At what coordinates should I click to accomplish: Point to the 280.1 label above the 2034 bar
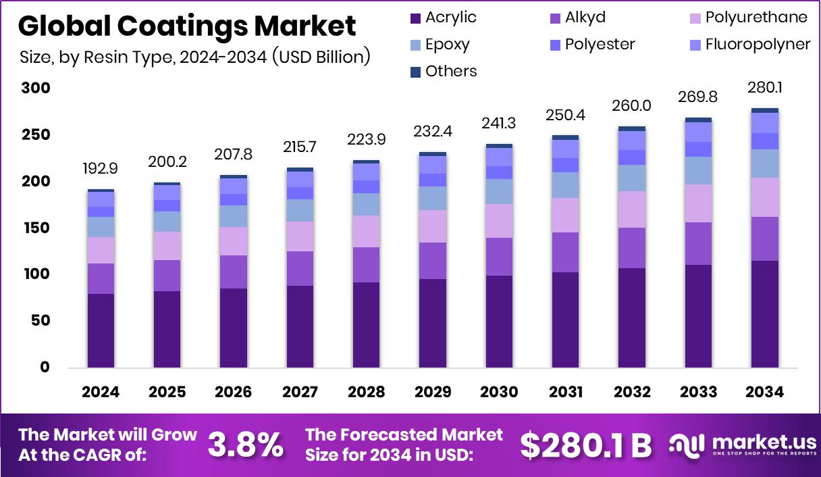tap(764, 88)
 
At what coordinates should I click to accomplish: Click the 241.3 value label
tap(499, 124)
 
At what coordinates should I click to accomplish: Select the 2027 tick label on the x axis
tap(300, 392)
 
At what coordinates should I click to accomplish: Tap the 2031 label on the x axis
tap(565, 392)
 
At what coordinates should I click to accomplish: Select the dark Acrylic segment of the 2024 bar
tap(101, 331)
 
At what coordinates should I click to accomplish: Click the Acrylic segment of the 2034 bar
tap(764, 314)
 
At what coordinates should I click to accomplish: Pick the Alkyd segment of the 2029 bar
tap(433, 261)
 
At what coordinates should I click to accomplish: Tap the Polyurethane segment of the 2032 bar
tap(632, 209)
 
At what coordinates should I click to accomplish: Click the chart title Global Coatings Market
tap(187, 26)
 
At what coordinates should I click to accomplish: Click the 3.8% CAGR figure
tap(245, 444)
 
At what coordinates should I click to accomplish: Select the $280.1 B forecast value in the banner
tap(586, 444)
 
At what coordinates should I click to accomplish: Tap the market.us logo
tap(743, 445)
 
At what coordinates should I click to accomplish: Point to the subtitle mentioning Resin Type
tap(195, 57)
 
